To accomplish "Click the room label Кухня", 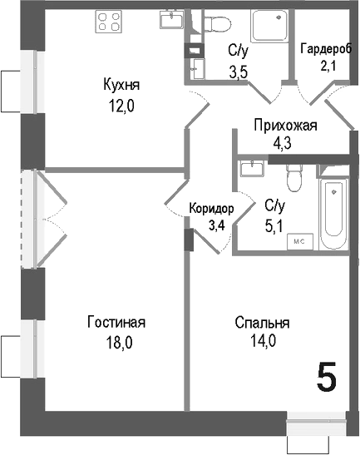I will pos(121,85).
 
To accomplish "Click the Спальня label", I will pos(262,323).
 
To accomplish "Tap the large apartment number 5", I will pos(327,378).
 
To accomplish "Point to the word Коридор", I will pos(211,209).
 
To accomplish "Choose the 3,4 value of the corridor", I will pos(216,224).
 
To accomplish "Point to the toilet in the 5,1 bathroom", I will pos(291,176).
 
